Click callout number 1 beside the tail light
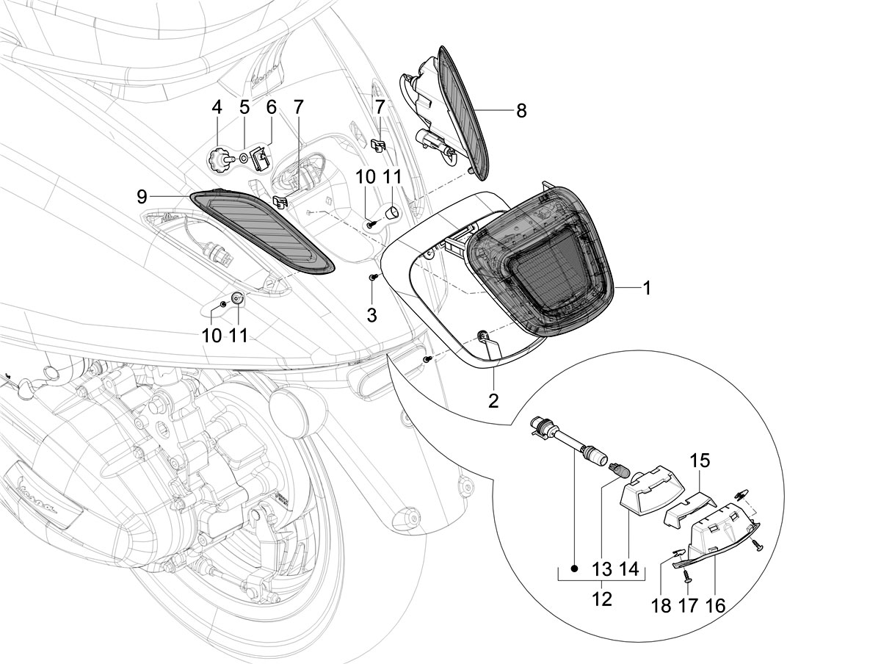pos(647,288)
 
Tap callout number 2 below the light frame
pos(493,401)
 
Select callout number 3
pos(372,316)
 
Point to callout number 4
pos(217,107)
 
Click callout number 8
pos(521,111)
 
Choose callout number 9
pos(142,197)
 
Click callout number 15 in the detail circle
pos(700,461)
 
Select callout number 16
pos(715,606)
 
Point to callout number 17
pos(687,606)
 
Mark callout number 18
pos(661,606)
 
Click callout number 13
pos(602,569)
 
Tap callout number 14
pos(628,569)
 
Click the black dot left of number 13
pos(575,569)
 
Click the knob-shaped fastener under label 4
pos(217,161)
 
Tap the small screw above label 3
pos(372,277)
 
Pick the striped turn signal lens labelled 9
pos(261,233)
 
